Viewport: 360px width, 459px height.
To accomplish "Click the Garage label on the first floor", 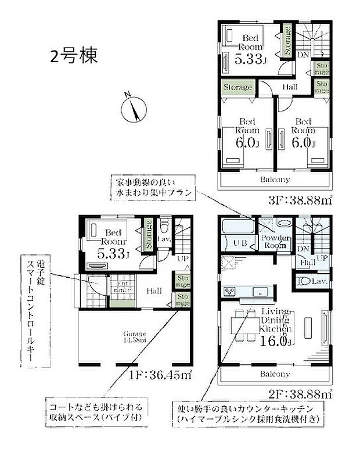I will [x=134, y=335].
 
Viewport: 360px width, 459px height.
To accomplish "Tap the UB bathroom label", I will [x=240, y=243].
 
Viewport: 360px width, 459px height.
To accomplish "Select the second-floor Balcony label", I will [x=275, y=374].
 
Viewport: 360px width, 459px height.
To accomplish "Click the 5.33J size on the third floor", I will [x=249, y=58].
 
